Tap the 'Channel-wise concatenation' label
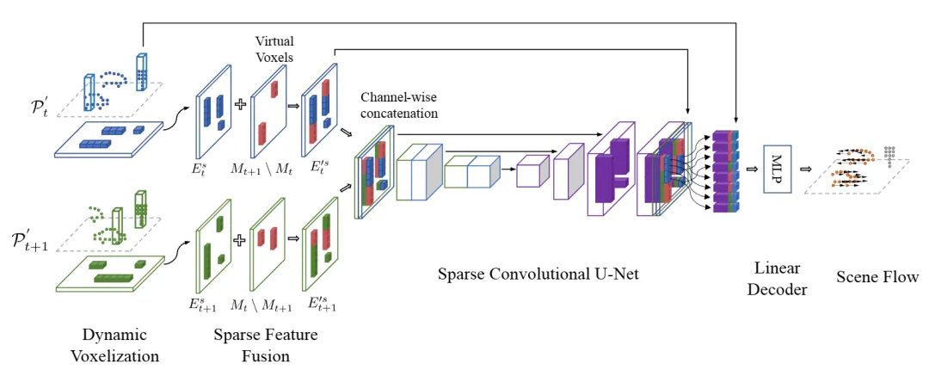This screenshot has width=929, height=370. (399, 107)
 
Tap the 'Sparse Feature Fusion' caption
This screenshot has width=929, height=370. (266, 342)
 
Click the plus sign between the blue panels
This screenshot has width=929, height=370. (239, 105)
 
